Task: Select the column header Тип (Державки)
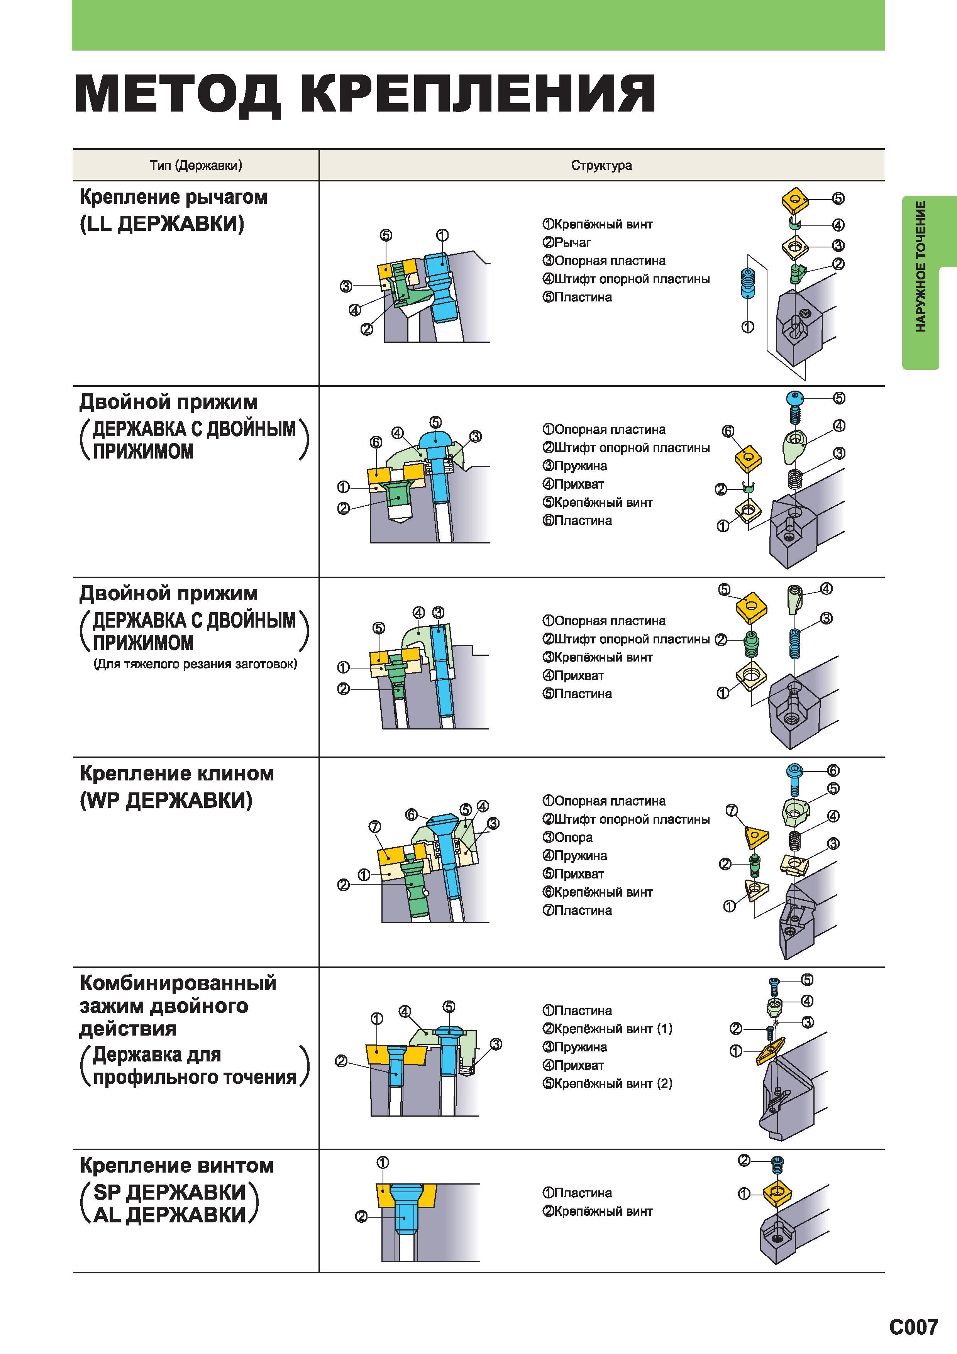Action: click(x=196, y=165)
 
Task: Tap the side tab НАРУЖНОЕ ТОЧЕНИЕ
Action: click(x=920, y=267)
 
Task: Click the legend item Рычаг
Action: click(x=567, y=242)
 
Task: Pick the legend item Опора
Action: click(x=567, y=838)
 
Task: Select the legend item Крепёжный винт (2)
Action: click(x=607, y=1083)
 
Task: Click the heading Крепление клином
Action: click(x=177, y=773)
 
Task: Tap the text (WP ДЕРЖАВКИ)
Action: click(x=166, y=800)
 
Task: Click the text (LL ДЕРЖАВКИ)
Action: click(x=162, y=223)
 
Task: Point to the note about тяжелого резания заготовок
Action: click(x=195, y=664)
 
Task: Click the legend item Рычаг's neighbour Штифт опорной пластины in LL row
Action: click(x=626, y=279)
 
